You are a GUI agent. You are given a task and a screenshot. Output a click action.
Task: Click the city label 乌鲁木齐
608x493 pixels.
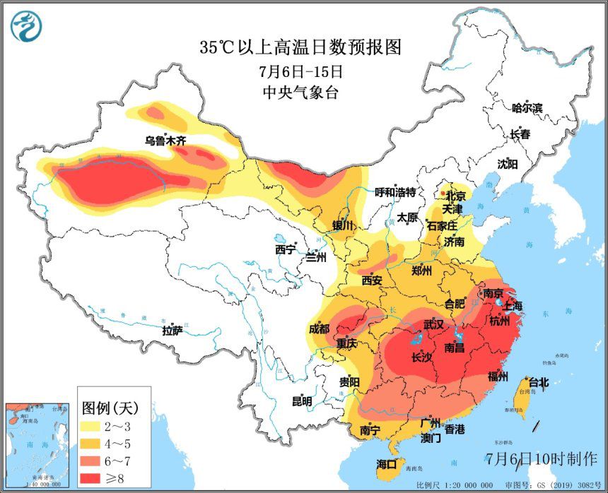(x=165, y=141)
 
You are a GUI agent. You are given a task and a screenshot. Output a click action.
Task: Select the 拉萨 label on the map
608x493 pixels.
(x=172, y=330)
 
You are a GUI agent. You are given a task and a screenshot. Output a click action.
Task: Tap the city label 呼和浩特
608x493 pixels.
(x=394, y=192)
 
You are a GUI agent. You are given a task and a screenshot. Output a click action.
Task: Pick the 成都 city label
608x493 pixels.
(x=319, y=328)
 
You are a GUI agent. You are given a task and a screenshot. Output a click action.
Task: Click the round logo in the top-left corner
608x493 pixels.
(x=26, y=26)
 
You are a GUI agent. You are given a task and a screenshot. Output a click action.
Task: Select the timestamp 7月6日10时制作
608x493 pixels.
(x=542, y=458)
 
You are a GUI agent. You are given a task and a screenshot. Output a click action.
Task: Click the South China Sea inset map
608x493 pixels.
(x=37, y=444)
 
